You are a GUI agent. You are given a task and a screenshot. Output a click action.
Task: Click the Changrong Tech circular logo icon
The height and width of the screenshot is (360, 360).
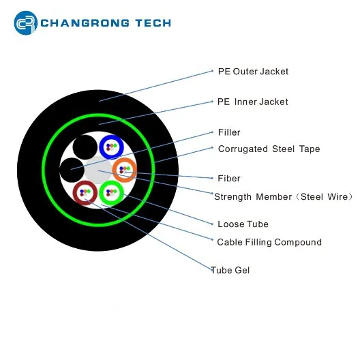pyautogui.click(x=25, y=22)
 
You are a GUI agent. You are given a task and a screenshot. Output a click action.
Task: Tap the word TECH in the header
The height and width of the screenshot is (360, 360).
pyautogui.click(x=153, y=23)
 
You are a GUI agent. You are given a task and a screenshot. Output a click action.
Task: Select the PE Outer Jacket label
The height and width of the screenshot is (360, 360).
pyautogui.click(x=253, y=72)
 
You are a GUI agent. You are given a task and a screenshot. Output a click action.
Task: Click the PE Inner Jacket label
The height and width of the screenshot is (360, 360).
pyautogui.click(x=252, y=102)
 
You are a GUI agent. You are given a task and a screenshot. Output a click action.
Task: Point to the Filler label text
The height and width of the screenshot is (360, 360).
pyautogui.click(x=229, y=132)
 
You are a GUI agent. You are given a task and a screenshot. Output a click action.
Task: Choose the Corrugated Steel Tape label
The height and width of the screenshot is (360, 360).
pyautogui.click(x=269, y=149)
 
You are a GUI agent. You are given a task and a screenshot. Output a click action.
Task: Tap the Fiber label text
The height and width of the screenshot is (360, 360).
pyautogui.click(x=229, y=179)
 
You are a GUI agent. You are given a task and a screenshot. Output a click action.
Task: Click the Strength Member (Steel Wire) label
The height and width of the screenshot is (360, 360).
pyautogui.click(x=284, y=197)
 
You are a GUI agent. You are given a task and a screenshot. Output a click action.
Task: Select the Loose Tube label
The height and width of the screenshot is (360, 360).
pyautogui.click(x=243, y=224)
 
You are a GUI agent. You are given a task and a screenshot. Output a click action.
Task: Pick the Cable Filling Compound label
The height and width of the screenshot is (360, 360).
pyautogui.click(x=269, y=242)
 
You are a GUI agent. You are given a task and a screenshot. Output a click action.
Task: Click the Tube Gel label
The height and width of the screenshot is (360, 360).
pyautogui.click(x=230, y=270)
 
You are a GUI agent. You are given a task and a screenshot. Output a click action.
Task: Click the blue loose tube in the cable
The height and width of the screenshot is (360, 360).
pyautogui.click(x=112, y=147)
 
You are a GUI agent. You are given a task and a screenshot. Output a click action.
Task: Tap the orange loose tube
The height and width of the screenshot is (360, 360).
pyautogui.click(x=125, y=170)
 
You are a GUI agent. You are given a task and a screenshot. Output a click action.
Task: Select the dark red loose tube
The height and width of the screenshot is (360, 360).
pyautogui.click(x=85, y=193)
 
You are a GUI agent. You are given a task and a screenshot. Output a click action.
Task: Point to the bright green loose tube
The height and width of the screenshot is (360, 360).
pyautogui.click(x=112, y=193)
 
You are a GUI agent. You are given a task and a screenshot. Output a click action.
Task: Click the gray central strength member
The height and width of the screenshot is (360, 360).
pyautogui.click(x=98, y=170)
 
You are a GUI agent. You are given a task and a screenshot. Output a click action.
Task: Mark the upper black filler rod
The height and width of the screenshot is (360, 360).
pyautogui.click(x=85, y=147)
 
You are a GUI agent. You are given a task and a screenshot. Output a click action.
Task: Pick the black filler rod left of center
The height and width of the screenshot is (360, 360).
pyautogui.click(x=72, y=170)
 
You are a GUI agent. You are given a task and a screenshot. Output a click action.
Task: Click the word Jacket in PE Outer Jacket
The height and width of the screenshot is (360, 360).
pyautogui.click(x=274, y=72)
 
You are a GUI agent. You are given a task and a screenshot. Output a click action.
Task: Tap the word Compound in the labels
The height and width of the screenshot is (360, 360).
pyautogui.click(x=298, y=242)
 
